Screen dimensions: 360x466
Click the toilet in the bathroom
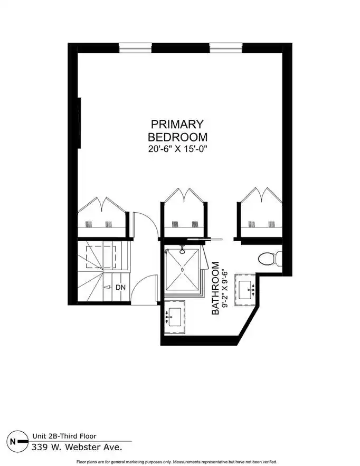[270, 259]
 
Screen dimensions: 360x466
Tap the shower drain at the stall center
[182, 269]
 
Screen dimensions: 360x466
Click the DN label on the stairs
[120, 288]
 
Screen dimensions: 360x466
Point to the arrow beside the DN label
[107, 288]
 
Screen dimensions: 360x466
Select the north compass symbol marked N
[17, 441]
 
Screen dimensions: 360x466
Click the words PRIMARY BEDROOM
[177, 130]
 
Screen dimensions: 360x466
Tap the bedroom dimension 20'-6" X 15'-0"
[177, 149]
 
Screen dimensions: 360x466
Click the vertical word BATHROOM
[215, 288]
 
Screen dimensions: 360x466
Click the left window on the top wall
[135, 48]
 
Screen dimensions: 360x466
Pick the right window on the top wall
[226, 48]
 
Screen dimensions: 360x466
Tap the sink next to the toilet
[246, 290]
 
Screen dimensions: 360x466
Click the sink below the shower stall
[174, 317]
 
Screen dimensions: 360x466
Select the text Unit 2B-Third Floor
[64, 436]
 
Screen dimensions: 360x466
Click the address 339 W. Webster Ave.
[77, 447]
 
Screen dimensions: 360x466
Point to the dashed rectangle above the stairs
[101, 257]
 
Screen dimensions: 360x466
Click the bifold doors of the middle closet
[184, 196]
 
